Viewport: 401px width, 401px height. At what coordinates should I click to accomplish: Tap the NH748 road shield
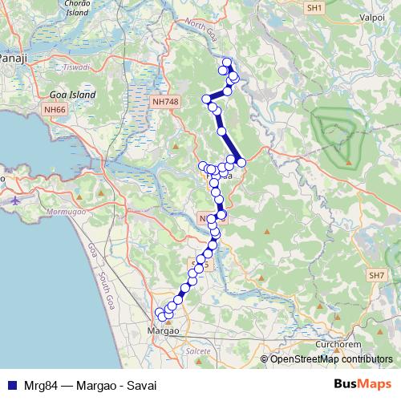[x=164, y=103]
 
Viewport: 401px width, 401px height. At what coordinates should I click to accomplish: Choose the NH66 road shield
[x=55, y=109]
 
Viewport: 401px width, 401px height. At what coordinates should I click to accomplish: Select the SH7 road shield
[x=377, y=275]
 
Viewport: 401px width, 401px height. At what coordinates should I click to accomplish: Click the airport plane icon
[x=18, y=200]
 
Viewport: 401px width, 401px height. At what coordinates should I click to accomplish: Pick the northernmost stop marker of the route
[x=227, y=63]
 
